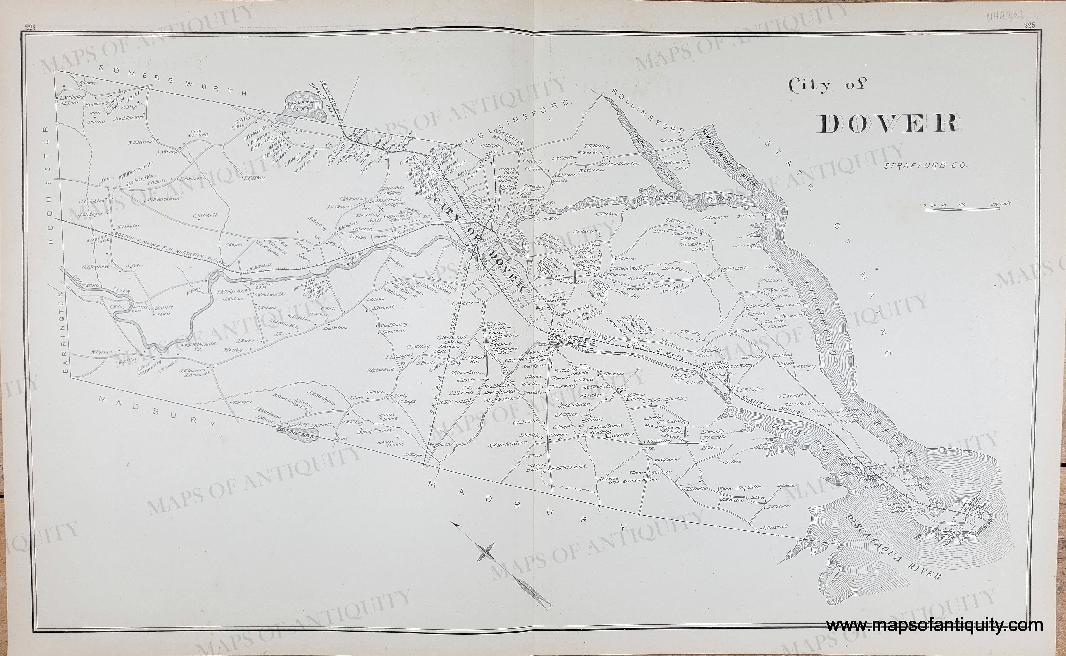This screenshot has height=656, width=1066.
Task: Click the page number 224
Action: pyautogui.click(x=30, y=27)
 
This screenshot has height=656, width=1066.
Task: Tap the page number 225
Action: pyautogui.click(x=1029, y=25)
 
